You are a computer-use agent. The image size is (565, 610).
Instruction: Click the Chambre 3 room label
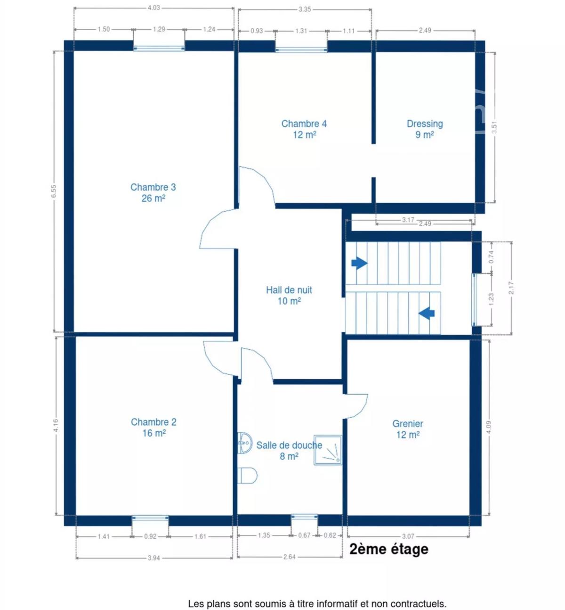point(153,193)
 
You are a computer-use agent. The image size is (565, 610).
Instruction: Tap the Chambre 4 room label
point(304,129)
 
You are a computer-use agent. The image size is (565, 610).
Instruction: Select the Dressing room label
point(425,129)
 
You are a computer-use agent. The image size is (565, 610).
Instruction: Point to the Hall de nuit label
point(289,296)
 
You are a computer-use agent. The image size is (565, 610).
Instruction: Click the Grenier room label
point(408,429)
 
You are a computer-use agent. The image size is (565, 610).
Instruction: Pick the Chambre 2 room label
point(154,427)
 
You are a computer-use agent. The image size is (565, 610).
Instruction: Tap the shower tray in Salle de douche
point(328,450)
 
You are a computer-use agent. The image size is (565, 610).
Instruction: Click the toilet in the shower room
point(247,476)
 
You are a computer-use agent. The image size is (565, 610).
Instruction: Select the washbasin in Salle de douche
point(245,443)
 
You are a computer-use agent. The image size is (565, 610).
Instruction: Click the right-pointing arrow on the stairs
point(359,263)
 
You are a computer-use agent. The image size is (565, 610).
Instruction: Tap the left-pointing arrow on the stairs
point(427,313)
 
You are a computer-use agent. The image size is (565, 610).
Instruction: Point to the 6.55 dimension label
point(54,191)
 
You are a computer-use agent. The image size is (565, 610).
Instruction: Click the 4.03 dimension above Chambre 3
point(154,8)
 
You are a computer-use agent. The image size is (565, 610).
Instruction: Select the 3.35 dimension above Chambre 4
point(305,9)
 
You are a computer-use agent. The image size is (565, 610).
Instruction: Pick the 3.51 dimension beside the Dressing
point(494,127)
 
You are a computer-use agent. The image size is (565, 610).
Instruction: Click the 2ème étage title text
point(389,549)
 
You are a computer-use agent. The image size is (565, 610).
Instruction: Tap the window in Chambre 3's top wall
point(159,48)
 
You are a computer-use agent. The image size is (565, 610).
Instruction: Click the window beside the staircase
point(475,300)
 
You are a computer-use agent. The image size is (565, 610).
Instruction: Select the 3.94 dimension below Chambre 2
point(154,558)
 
